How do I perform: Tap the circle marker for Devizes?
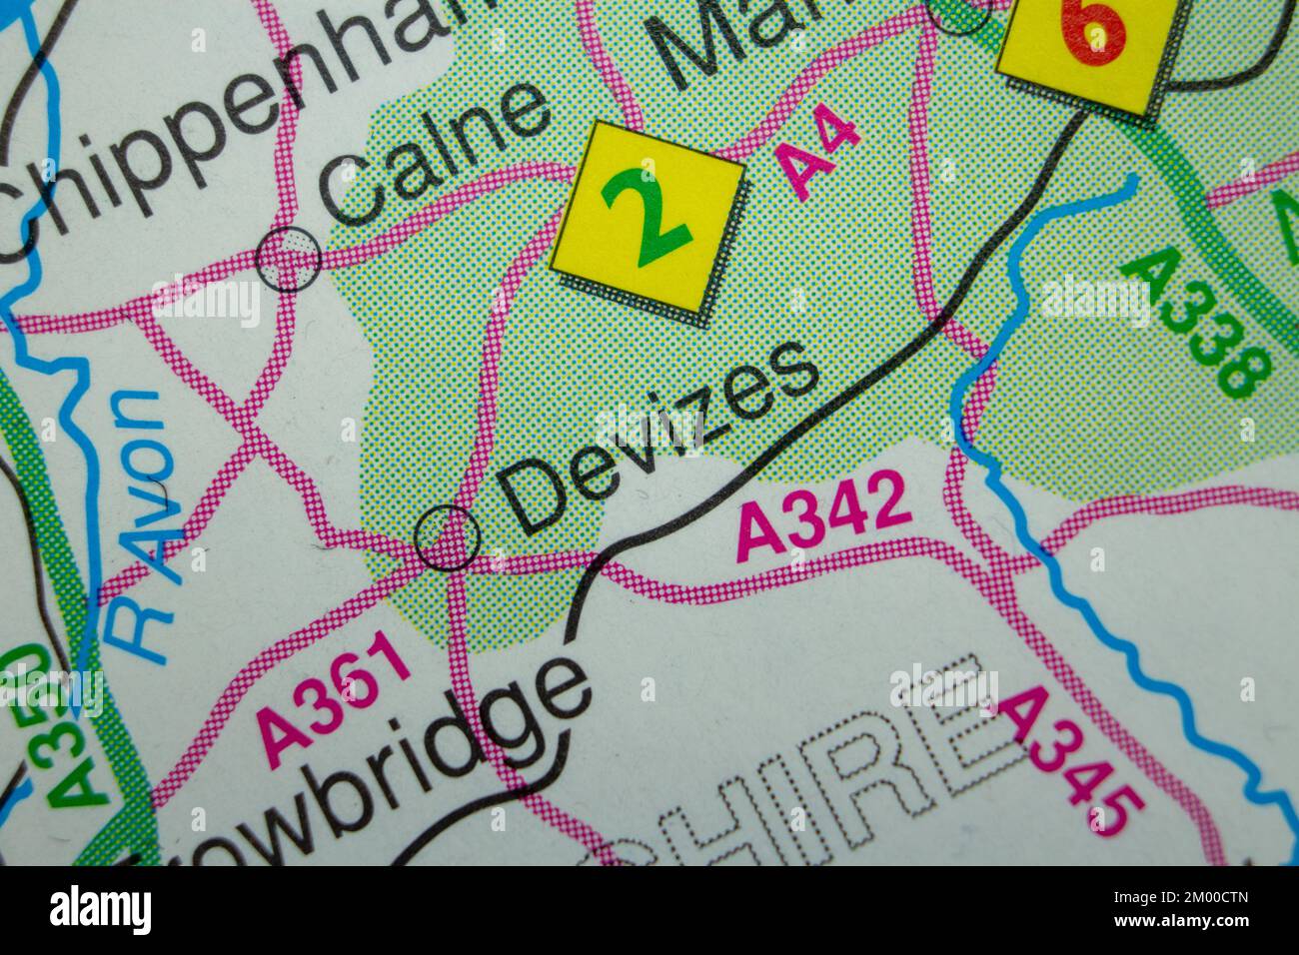[x=447, y=537]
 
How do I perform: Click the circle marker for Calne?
[x=289, y=259]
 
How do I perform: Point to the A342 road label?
[x=824, y=515]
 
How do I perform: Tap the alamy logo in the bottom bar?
[x=100, y=910]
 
